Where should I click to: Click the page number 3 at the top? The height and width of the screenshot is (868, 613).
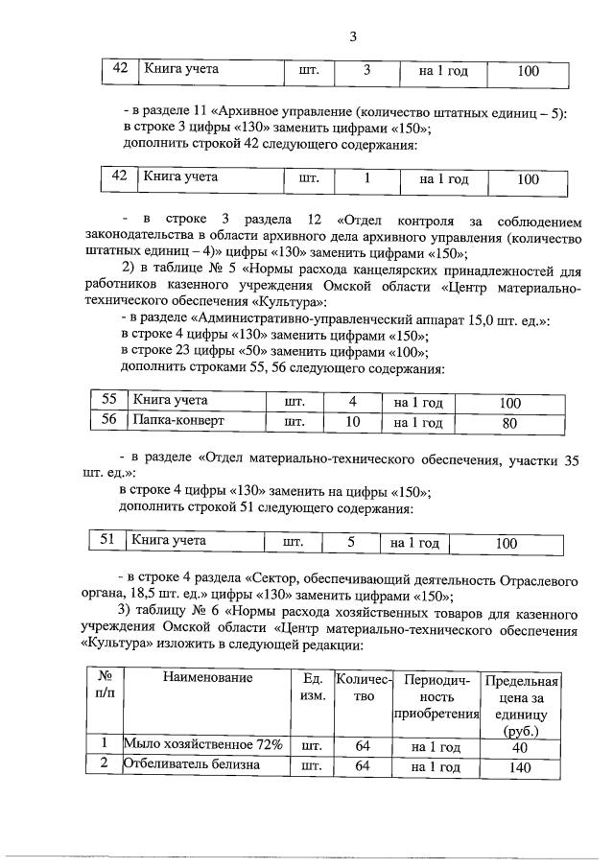pyautogui.click(x=353, y=37)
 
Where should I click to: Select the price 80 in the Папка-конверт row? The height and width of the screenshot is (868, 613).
pyautogui.click(x=510, y=421)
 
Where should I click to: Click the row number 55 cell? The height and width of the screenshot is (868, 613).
pyautogui.click(x=108, y=400)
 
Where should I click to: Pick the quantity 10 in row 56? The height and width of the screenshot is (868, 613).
pyautogui.click(x=352, y=421)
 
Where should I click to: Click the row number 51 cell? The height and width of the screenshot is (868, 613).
pyautogui.click(x=108, y=541)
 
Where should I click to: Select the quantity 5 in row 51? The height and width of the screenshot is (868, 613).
pyautogui.click(x=351, y=542)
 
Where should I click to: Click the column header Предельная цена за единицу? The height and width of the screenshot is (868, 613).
pyautogui.click(x=522, y=704)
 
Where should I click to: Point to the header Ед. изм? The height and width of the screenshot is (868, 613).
pyautogui.click(x=311, y=685)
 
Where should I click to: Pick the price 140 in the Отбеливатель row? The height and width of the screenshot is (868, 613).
pyautogui.click(x=521, y=766)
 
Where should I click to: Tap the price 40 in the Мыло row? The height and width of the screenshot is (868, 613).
pyautogui.click(x=521, y=745)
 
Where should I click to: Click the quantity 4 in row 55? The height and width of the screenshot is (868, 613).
pyautogui.click(x=352, y=400)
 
